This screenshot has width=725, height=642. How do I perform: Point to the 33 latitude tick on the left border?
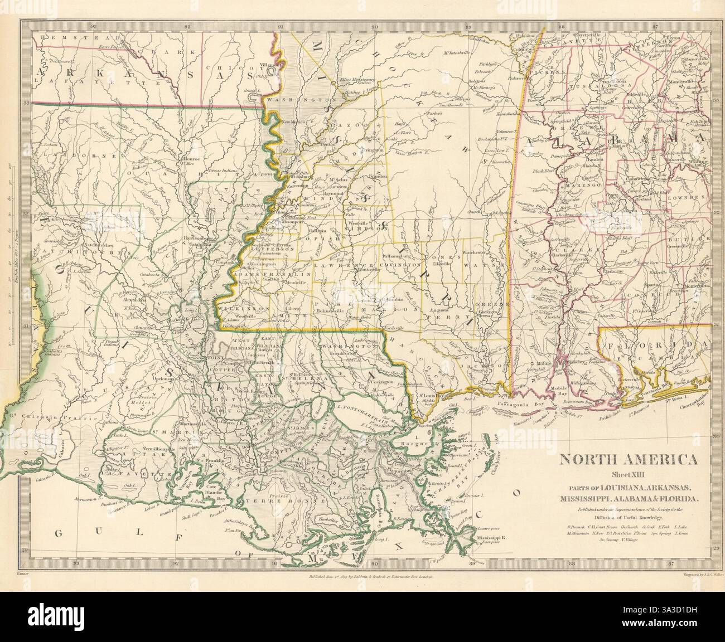click(26, 103)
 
